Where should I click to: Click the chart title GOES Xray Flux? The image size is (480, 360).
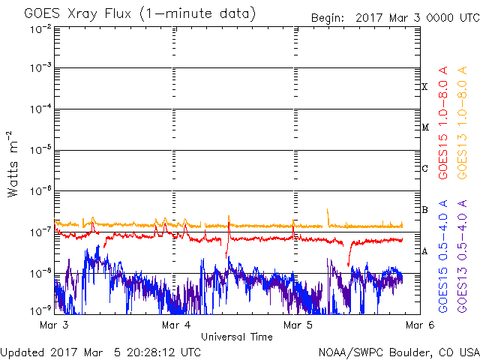tap(78, 14)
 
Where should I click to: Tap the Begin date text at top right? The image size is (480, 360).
tap(395, 18)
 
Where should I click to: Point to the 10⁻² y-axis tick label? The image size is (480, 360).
tap(40, 30)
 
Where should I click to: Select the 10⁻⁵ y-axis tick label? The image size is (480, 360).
tap(40, 150)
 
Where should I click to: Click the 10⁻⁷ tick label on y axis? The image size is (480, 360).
tap(40, 232)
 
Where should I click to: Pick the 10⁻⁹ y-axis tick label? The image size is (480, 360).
tap(40, 311)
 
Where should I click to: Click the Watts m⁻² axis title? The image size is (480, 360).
tap(13, 164)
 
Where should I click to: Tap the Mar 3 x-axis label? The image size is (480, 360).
tap(54, 325)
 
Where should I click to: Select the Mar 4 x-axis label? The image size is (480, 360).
tap(176, 325)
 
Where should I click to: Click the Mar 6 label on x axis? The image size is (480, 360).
tap(420, 325)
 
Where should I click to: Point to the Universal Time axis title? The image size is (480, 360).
tap(237, 337)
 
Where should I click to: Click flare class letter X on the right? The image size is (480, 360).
tap(424, 87)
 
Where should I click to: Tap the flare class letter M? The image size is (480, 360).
tap(425, 127)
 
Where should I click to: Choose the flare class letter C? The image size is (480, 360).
tap(424, 168)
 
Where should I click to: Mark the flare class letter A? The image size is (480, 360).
tap(424, 251)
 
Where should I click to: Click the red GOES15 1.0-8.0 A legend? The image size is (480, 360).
tap(443, 123)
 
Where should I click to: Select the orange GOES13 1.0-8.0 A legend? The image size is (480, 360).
tap(462, 123)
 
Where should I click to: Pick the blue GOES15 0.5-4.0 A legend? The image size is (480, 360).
tap(443, 256)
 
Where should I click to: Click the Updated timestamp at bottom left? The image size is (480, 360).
tap(100, 352)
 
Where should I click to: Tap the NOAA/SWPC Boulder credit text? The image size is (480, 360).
tap(399, 352)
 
